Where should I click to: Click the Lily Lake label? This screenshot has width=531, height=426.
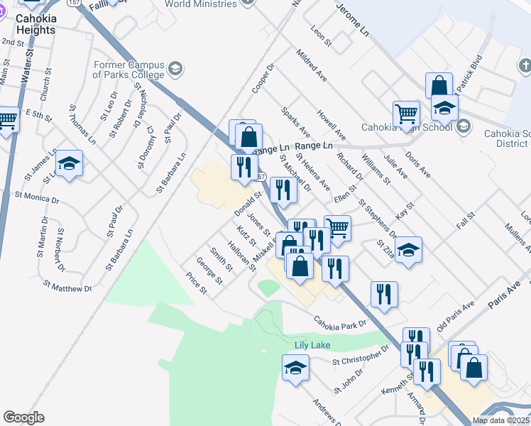pos(312,345)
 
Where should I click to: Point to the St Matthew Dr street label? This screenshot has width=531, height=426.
pos(67,287)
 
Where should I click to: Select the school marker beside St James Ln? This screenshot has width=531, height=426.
pos(69,164)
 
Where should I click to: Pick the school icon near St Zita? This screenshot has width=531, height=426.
pos(408,250)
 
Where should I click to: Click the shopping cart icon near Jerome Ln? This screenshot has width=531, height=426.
pos(407,114)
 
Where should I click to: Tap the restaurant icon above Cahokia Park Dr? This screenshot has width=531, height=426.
pos(384,293)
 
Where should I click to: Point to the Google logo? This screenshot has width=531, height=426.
pos(23,417)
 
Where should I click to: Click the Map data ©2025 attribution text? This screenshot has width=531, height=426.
pos(500,420)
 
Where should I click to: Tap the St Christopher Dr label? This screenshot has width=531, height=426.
pos(361,356)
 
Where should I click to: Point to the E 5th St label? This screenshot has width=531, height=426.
pos(39,114)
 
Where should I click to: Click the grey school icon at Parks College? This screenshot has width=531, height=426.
pos(175,70)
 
